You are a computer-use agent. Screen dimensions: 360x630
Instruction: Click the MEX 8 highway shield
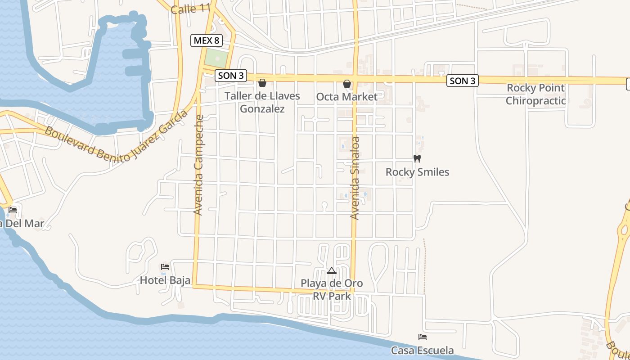[x=207, y=40]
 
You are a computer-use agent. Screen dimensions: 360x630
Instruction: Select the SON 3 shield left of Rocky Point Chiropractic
[x=463, y=81]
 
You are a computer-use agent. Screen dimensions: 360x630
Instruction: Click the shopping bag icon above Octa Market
[x=347, y=84]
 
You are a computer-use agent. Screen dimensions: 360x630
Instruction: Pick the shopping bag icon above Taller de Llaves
[x=262, y=83]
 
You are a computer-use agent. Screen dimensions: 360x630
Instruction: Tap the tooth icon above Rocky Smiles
[x=417, y=158]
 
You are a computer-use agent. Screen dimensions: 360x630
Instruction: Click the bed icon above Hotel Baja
[x=165, y=267]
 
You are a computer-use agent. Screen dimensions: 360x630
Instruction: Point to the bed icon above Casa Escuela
[x=422, y=337]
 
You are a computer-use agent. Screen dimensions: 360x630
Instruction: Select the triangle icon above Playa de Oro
[x=332, y=271]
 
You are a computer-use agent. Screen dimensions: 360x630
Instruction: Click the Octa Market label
[x=347, y=97]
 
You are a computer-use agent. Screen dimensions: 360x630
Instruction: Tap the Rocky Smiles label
[x=417, y=172]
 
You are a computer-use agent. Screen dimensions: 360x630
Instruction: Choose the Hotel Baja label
[x=165, y=280]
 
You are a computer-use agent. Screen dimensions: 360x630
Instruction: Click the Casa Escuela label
[x=422, y=351]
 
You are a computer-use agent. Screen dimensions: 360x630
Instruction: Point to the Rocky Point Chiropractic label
[x=535, y=94]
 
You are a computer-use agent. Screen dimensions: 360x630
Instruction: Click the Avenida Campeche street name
[x=198, y=165]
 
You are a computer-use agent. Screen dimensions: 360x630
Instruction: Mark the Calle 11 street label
[x=191, y=9]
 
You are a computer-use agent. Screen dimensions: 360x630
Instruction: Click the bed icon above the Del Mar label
[x=13, y=210]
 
